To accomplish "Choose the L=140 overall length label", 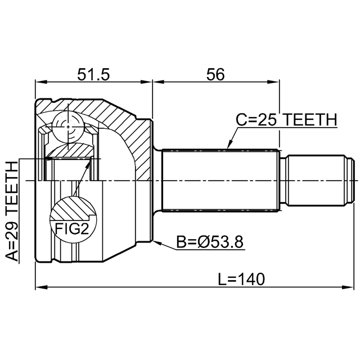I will click(x=242, y=278).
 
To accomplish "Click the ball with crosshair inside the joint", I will click(x=69, y=127).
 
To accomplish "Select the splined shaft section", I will click(x=220, y=180).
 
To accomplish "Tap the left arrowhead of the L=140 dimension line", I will click(x=38, y=288).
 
